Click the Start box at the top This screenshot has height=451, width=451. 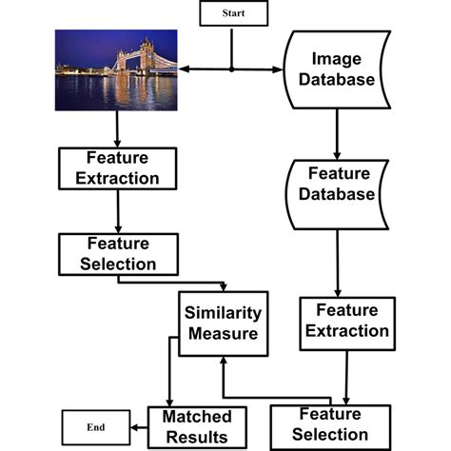pyautogui.click(x=233, y=13)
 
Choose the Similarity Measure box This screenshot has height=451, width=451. pyautogui.click(x=222, y=324)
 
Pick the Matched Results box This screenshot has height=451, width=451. pyautogui.click(x=196, y=425)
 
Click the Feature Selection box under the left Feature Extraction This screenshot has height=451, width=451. pyautogui.click(x=107, y=253)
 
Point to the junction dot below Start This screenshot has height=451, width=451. pyautogui.click(x=232, y=69)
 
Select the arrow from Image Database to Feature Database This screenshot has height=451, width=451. pyautogui.click(x=334, y=133)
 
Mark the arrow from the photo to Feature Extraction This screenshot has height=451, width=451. pyautogui.click(x=116, y=128)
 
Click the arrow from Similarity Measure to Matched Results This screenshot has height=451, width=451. pyautogui.click(x=169, y=381)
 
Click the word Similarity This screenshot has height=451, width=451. pyautogui.click(x=222, y=313)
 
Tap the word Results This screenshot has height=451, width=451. pyautogui.click(x=196, y=437)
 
